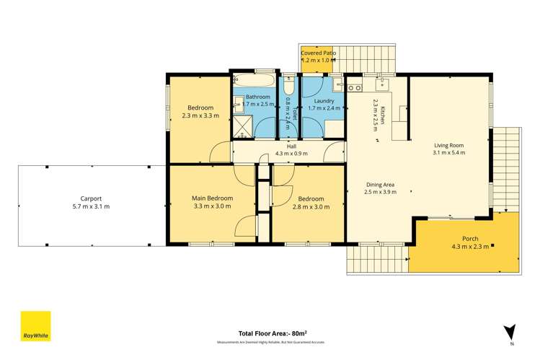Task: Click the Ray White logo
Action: (x=35, y=326)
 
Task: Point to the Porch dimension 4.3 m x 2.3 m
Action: (x=469, y=247)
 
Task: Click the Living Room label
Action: (x=449, y=143)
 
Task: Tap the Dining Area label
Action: (x=380, y=183)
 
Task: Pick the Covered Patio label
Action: (x=318, y=53)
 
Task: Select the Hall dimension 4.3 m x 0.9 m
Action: (x=291, y=154)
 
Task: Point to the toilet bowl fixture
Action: (x=288, y=82)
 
